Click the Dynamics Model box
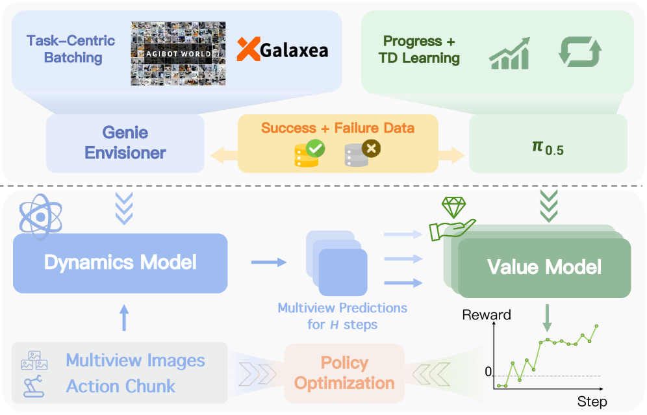pyautogui.click(x=120, y=263)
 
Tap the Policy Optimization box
pyautogui.click(x=344, y=373)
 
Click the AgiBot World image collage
pyautogui.click(x=178, y=54)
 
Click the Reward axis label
pyautogui.click(x=486, y=315)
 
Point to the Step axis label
pyautogui.click(x=591, y=402)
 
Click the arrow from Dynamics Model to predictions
pyautogui.click(x=268, y=262)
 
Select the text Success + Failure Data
pyautogui.click(x=337, y=127)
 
